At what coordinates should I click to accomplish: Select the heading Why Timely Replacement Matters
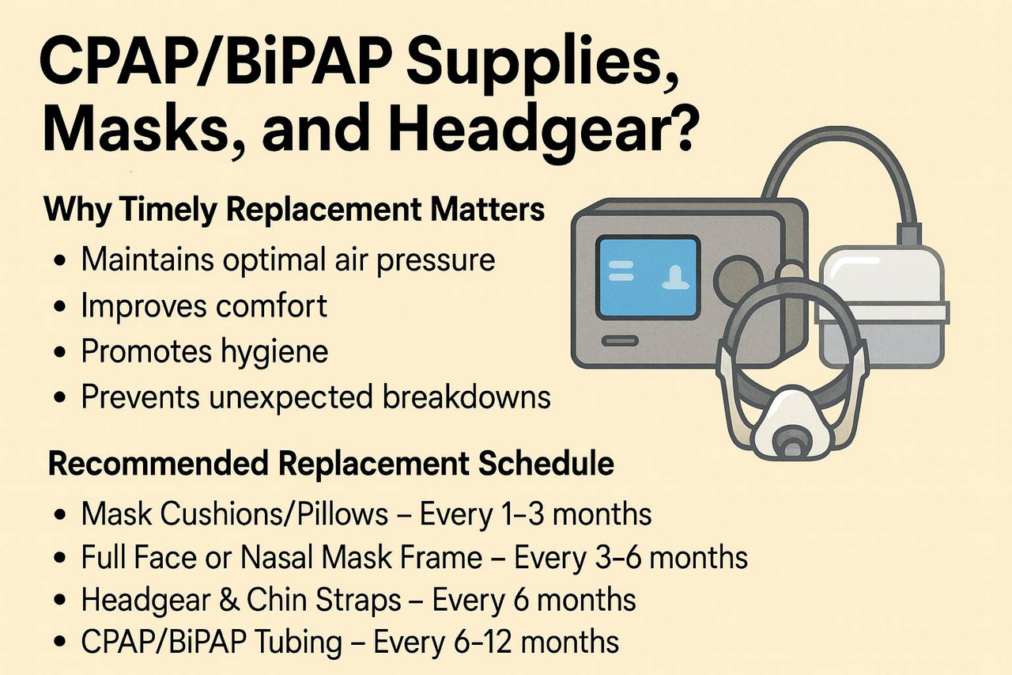(294, 212)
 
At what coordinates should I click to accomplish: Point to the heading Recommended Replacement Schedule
(331, 465)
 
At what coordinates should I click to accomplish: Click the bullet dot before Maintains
(60, 261)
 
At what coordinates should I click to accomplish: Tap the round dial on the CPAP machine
(738, 278)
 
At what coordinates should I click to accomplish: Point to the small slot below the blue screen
(621, 340)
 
